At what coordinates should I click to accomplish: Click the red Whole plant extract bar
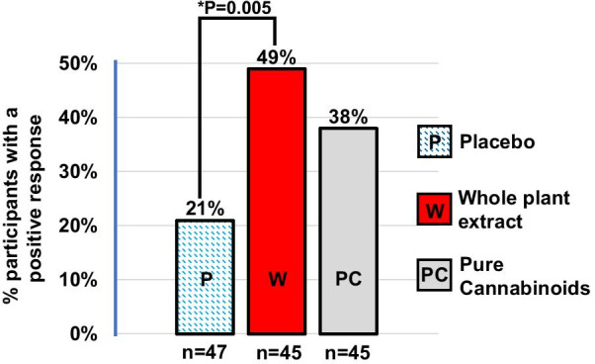tap(276, 202)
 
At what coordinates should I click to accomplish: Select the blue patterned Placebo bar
tap(205, 277)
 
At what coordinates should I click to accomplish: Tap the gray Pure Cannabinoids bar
tap(347, 231)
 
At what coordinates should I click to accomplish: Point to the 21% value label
tap(204, 208)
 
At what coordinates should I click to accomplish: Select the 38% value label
tap(347, 117)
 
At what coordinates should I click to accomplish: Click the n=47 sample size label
tap(205, 351)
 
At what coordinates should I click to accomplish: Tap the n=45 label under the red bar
tap(276, 351)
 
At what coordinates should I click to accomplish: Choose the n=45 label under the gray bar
tap(347, 351)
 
